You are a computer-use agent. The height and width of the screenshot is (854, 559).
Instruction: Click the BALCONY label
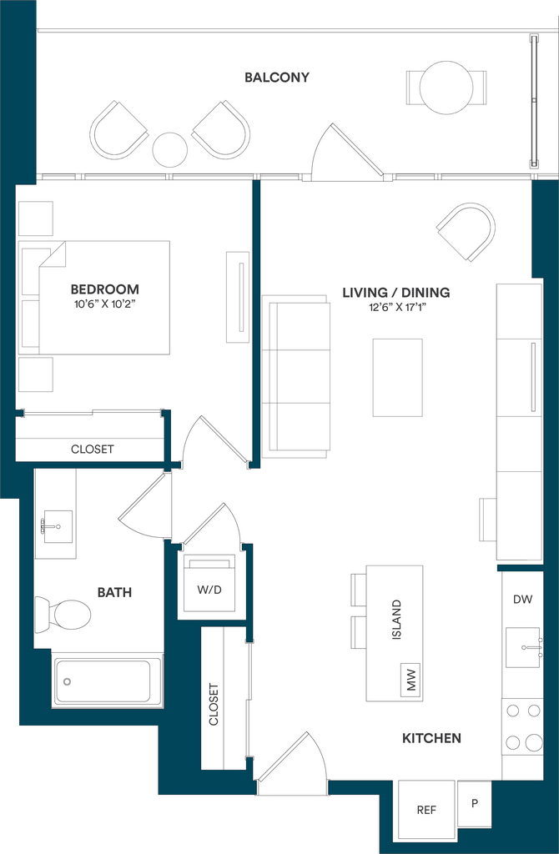[277, 78]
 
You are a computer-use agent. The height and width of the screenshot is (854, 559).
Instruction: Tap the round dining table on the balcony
[446, 88]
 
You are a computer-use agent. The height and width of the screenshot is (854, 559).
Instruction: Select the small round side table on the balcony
[170, 150]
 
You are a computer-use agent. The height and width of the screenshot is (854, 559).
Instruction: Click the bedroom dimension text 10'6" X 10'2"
[104, 304]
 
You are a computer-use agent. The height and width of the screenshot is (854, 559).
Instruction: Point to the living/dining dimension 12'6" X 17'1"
[396, 308]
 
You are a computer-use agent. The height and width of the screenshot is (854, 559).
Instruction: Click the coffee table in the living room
[397, 378]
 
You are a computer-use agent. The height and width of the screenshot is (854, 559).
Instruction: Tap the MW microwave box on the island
[410, 679]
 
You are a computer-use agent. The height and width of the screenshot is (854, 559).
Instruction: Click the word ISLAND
[396, 620]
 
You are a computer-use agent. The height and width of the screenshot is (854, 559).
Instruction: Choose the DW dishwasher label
[522, 600]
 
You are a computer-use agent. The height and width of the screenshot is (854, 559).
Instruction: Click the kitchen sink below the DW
[523, 647]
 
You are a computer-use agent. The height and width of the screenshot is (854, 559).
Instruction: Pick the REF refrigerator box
[426, 809]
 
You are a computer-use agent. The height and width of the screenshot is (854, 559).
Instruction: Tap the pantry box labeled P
[475, 803]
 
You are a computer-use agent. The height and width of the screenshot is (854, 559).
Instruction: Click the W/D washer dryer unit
[209, 583]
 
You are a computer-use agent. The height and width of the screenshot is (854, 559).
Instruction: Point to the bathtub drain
[67, 681]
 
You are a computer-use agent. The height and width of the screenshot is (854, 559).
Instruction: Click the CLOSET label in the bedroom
[93, 450]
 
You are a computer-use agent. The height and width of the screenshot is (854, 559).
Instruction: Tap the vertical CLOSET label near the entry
[214, 704]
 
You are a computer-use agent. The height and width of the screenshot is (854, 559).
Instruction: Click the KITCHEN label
[431, 739]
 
